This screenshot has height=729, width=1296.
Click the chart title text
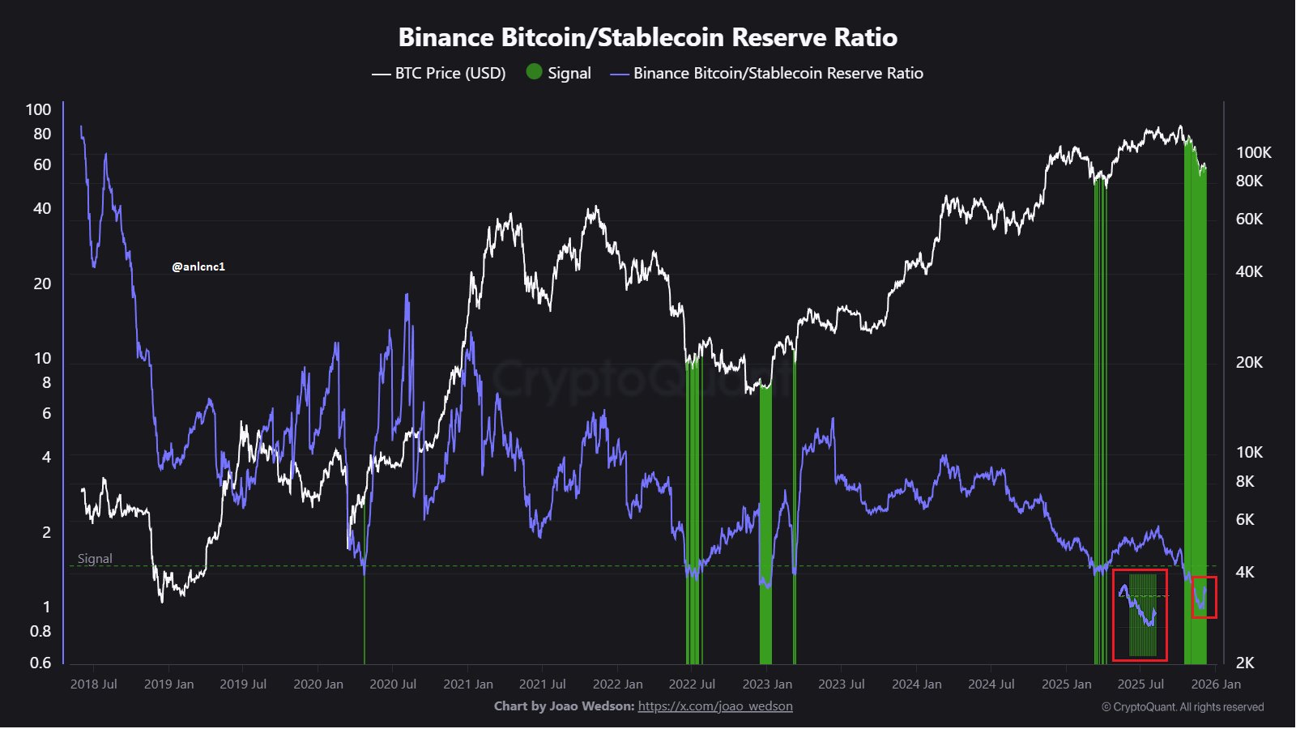click(647, 37)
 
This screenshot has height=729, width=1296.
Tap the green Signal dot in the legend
click(534, 72)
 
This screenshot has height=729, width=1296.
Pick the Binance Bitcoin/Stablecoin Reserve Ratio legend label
click(778, 73)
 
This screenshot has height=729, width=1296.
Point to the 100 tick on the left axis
click(38, 109)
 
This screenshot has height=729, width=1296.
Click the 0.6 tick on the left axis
click(40, 663)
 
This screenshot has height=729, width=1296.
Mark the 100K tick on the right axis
click(1253, 152)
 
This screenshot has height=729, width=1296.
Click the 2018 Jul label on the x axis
click(94, 684)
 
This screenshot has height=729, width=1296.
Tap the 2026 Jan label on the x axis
click(1216, 684)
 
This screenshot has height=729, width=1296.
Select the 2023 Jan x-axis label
click(767, 684)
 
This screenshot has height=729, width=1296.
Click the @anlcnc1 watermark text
click(198, 266)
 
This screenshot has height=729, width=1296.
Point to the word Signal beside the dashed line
click(95, 559)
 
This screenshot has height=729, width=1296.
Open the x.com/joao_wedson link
click(715, 706)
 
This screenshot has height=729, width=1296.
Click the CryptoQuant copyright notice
click(1183, 707)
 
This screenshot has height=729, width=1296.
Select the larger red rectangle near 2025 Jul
click(1140, 614)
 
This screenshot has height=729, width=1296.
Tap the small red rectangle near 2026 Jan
click(1204, 597)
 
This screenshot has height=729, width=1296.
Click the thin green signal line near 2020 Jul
click(364, 616)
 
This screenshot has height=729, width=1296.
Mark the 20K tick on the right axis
click(1249, 362)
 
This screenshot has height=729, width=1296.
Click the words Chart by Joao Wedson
click(564, 706)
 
